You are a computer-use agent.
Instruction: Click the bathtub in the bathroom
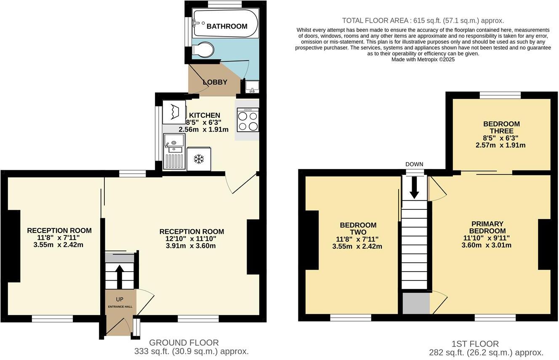coord(225,23)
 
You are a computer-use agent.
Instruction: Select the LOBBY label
coord(215,82)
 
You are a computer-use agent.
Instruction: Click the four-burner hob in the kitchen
coord(248,120)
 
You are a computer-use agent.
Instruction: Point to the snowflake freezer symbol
coord(198,159)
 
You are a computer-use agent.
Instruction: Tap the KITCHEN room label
coord(204,115)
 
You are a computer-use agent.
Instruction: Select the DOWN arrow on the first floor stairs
coord(414,187)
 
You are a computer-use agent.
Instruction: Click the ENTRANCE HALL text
coord(120,307)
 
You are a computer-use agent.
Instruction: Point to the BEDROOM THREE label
coord(501,127)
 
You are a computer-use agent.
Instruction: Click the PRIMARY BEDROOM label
coord(487,228)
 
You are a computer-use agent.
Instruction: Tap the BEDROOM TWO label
coord(358,229)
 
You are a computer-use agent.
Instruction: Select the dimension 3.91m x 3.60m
coord(191,246)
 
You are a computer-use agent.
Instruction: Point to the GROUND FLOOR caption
coord(184,343)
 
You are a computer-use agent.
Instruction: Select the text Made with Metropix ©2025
coord(423,60)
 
